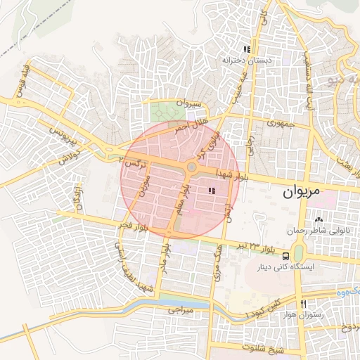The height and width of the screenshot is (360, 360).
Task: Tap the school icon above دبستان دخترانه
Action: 247,50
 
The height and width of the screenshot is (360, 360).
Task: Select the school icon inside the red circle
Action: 212,191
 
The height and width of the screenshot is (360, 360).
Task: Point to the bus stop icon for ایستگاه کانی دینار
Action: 287,256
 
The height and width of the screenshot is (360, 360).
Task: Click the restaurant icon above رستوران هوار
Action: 304,304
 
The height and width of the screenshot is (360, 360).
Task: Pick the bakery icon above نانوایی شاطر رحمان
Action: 319,220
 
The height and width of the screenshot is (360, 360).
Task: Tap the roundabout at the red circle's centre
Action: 191,167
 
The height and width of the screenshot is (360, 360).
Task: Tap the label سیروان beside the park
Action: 189,105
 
